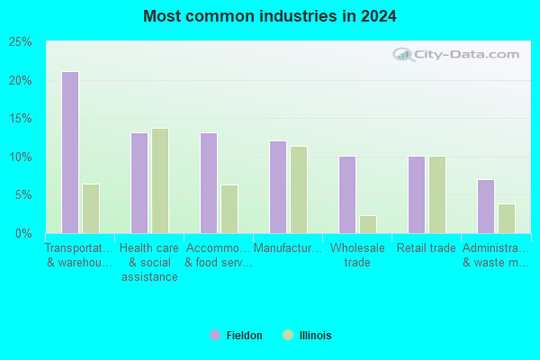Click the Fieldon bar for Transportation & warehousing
tap(70, 153)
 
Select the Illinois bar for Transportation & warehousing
tap(91, 209)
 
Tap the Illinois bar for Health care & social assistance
tap(160, 181)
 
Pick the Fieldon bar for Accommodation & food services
tap(209, 184)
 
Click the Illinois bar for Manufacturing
tap(299, 190)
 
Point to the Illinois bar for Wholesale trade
tap(368, 225)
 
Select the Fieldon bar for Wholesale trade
tap(347, 195)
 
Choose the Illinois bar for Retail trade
tap(437, 195)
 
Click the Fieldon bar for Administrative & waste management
tap(486, 207)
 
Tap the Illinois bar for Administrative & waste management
tap(507, 219)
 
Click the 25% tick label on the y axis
tap(21, 42)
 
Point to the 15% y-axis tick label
tap(21, 119)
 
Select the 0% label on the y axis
tap(23, 234)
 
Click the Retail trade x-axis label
tap(427, 248)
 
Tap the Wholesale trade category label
tap(357, 256)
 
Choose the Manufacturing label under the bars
tap(288, 248)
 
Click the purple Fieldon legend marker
tap(215, 335)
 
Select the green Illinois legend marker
tap(288, 335)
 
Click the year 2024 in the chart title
tap(379, 16)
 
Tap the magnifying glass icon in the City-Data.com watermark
tap(403, 55)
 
